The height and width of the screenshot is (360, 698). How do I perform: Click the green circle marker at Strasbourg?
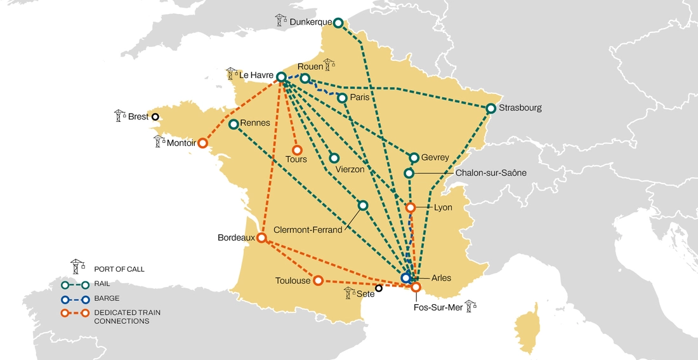(x=491, y=109)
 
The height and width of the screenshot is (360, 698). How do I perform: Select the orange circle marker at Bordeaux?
(x=261, y=238)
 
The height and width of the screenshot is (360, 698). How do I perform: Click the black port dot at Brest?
(x=154, y=117)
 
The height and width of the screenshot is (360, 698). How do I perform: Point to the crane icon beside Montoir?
(x=159, y=141)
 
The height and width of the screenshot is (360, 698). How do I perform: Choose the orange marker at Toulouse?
(x=318, y=280)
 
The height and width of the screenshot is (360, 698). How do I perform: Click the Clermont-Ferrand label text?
(x=308, y=230)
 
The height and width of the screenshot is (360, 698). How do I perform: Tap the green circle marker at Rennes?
(x=234, y=124)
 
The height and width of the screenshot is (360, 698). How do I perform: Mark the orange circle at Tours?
(x=296, y=150)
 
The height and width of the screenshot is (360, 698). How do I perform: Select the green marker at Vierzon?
(x=334, y=158)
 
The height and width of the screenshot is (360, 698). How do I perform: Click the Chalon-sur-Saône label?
(x=491, y=173)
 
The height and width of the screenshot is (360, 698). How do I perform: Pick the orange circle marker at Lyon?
(x=411, y=207)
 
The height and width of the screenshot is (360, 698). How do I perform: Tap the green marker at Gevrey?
(x=414, y=157)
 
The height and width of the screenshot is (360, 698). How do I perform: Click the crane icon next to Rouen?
(x=329, y=64)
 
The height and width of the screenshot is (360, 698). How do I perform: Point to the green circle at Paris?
(x=342, y=98)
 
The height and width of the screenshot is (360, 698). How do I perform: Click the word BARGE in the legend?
(x=107, y=298)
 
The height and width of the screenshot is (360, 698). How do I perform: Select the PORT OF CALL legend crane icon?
(x=77, y=266)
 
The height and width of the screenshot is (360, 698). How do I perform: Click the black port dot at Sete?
(x=379, y=288)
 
